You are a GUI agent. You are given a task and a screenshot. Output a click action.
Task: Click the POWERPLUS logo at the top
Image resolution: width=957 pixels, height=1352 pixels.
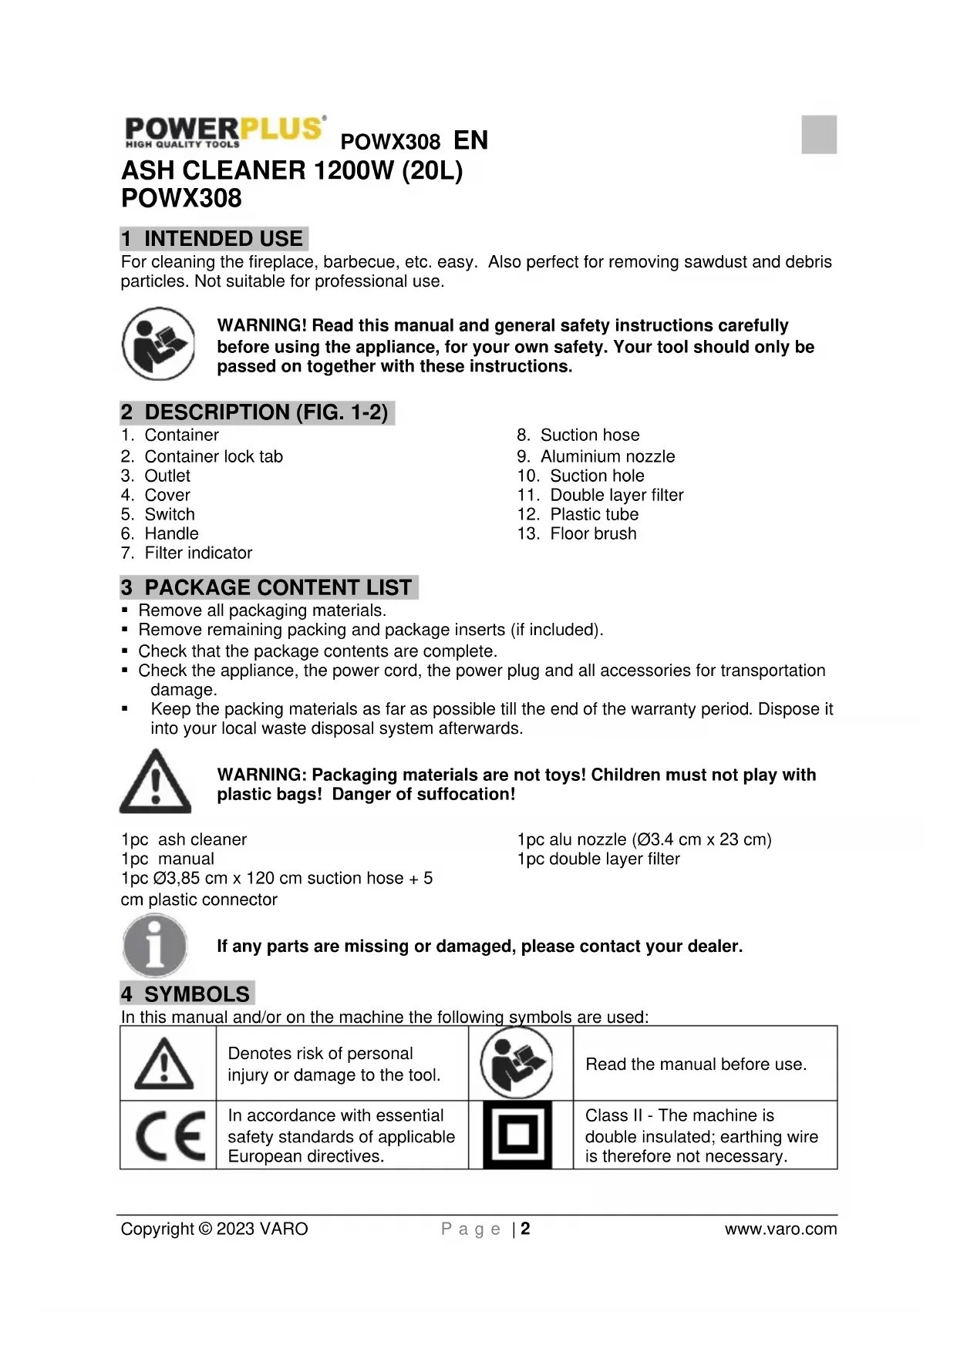(x=224, y=132)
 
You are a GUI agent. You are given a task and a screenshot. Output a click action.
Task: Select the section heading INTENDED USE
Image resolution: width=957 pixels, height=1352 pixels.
(x=214, y=239)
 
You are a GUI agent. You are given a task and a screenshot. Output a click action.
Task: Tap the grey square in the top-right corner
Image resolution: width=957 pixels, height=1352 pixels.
(x=818, y=134)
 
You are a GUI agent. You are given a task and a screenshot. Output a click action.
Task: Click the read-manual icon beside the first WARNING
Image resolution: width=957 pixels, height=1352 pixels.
(x=159, y=344)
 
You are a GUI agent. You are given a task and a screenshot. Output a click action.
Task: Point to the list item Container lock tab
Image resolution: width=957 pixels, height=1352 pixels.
(x=214, y=456)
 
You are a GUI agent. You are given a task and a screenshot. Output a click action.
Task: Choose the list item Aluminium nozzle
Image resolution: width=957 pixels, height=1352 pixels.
(x=607, y=456)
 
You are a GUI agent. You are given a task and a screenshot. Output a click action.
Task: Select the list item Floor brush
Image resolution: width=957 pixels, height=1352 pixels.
(x=593, y=533)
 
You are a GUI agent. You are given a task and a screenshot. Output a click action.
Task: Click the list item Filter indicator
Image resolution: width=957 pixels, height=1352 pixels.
(x=198, y=553)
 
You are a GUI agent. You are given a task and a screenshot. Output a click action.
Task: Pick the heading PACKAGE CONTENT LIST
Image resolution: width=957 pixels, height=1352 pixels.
(x=269, y=587)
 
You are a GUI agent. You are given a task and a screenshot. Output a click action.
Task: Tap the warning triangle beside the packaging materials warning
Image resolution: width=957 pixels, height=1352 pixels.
(x=155, y=782)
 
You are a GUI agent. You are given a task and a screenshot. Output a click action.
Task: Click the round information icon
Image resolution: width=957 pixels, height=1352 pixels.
(x=155, y=945)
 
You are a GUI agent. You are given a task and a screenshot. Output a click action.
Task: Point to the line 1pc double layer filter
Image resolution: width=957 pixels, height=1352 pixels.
(x=598, y=859)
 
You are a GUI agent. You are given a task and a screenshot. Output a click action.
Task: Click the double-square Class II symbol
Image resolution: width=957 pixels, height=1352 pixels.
(x=517, y=1135)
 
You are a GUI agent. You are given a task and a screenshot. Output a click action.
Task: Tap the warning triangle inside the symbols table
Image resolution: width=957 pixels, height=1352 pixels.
(x=164, y=1064)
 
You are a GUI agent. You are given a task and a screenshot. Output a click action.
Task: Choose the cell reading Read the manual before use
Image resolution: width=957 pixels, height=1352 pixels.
(x=696, y=1064)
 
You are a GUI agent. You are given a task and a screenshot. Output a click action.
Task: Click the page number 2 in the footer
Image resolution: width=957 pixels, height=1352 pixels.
(x=525, y=1229)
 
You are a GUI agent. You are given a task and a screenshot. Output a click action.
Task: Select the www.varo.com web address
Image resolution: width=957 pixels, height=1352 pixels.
(x=780, y=1229)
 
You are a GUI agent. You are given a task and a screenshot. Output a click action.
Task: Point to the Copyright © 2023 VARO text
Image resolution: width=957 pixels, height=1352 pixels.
(x=214, y=1229)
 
